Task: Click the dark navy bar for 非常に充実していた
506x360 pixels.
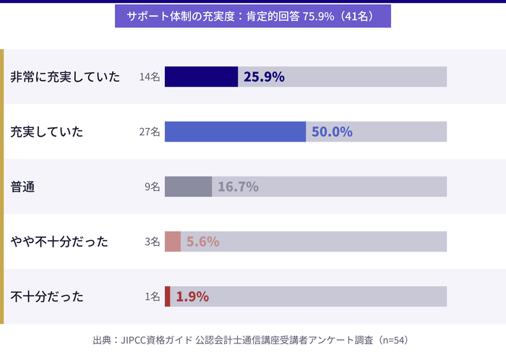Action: tap(201, 77)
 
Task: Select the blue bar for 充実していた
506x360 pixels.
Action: tap(235, 132)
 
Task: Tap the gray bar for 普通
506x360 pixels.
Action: tap(188, 187)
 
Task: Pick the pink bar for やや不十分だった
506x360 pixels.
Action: tap(173, 241)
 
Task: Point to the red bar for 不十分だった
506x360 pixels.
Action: tap(168, 296)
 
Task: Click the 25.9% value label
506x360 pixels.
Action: tap(264, 77)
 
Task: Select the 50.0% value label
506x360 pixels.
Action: tap(332, 132)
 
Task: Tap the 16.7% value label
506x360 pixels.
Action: tap(238, 187)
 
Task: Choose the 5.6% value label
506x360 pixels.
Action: tap(202, 241)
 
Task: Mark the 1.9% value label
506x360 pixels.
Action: tap(192, 296)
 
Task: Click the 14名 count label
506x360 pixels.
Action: tap(150, 77)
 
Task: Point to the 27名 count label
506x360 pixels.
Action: tap(150, 132)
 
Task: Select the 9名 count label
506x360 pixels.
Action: tap(152, 187)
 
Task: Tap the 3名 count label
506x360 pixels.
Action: tap(152, 241)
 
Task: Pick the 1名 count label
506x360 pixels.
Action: tap(152, 296)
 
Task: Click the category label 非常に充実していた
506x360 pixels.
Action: tap(65, 77)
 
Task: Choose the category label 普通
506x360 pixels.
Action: tap(23, 187)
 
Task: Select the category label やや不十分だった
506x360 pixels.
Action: tap(59, 241)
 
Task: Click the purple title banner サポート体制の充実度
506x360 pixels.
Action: tap(252, 17)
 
